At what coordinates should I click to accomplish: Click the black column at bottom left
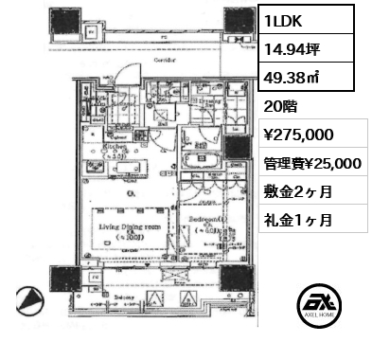(x=65, y=279)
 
